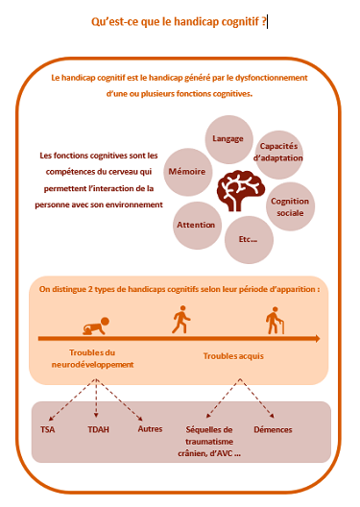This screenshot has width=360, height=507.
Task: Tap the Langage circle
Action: point(228,139)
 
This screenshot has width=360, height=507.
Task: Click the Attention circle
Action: point(196,224)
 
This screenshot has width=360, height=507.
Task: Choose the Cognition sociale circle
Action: point(290,205)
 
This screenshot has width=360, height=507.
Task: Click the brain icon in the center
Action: point(237,189)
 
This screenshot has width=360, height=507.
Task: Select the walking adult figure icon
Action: point(180,320)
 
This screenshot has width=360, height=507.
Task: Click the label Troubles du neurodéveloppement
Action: point(94,359)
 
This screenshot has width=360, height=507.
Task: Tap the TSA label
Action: point(48,430)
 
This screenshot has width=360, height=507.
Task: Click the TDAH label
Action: point(99,430)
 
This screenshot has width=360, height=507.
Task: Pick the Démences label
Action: point(273,430)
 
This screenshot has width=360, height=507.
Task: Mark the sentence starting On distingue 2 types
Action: point(180,288)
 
